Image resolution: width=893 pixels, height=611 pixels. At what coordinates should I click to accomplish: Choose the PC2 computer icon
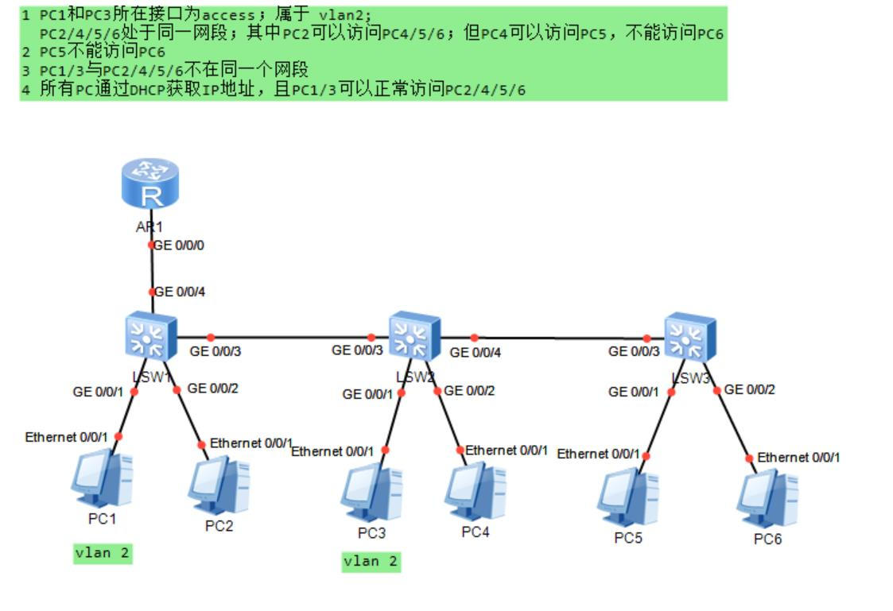point(219,485)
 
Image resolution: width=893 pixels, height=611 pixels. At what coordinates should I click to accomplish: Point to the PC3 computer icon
point(371,493)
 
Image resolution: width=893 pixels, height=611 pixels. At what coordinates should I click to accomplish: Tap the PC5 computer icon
point(628,497)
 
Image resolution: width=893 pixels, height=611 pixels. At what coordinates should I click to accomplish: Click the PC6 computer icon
point(767,499)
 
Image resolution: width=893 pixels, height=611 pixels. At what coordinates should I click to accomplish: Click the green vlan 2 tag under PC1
point(102,553)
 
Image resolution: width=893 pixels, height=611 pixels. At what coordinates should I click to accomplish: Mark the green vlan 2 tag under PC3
point(371,561)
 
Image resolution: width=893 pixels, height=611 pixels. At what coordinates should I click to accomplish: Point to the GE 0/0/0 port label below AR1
point(179,246)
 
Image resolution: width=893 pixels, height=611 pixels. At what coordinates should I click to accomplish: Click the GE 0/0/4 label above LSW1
point(181,292)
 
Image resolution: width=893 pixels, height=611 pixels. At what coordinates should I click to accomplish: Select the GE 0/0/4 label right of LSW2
point(476,352)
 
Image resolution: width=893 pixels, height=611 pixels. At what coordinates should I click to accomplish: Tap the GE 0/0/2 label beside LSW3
point(750,389)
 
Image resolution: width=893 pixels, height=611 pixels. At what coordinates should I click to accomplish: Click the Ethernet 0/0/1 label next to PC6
point(798,458)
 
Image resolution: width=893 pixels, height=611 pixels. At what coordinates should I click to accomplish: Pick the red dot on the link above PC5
point(646,456)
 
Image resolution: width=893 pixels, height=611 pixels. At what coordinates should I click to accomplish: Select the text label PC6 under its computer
point(768,539)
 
